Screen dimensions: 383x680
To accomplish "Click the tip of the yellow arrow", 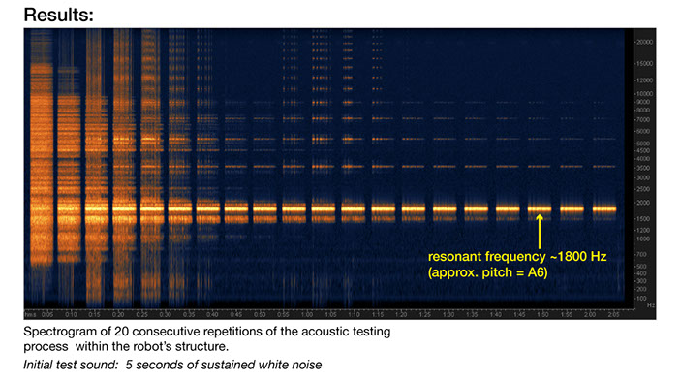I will coord(539,216).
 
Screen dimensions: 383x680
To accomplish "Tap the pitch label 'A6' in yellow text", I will coord(536,274).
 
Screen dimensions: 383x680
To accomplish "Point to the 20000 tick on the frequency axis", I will coord(642,42).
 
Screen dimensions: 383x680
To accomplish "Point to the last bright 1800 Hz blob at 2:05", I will coord(605,208).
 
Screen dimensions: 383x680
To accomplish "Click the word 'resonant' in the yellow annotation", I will coord(455,258).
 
